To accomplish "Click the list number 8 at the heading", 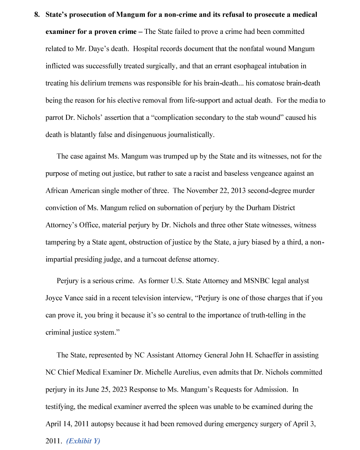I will click(36, 15).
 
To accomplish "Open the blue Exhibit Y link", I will click(83, 441).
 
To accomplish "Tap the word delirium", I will click(91, 83).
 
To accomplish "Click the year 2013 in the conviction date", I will click(238, 191).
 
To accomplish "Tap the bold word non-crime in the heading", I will click(178, 15).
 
